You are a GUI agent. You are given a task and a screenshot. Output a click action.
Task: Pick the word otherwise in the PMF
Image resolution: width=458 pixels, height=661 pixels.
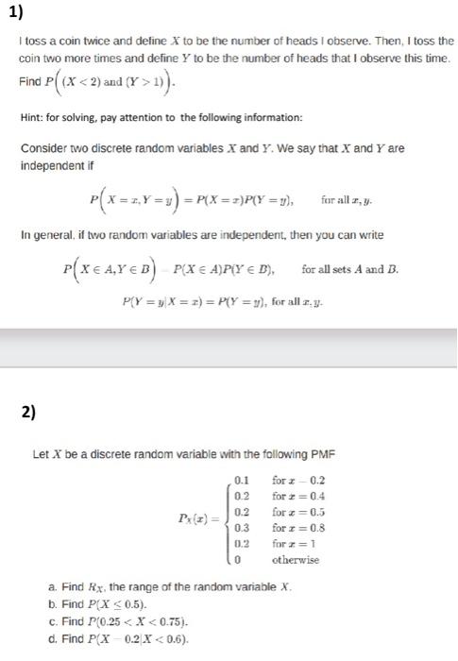[296, 561]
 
